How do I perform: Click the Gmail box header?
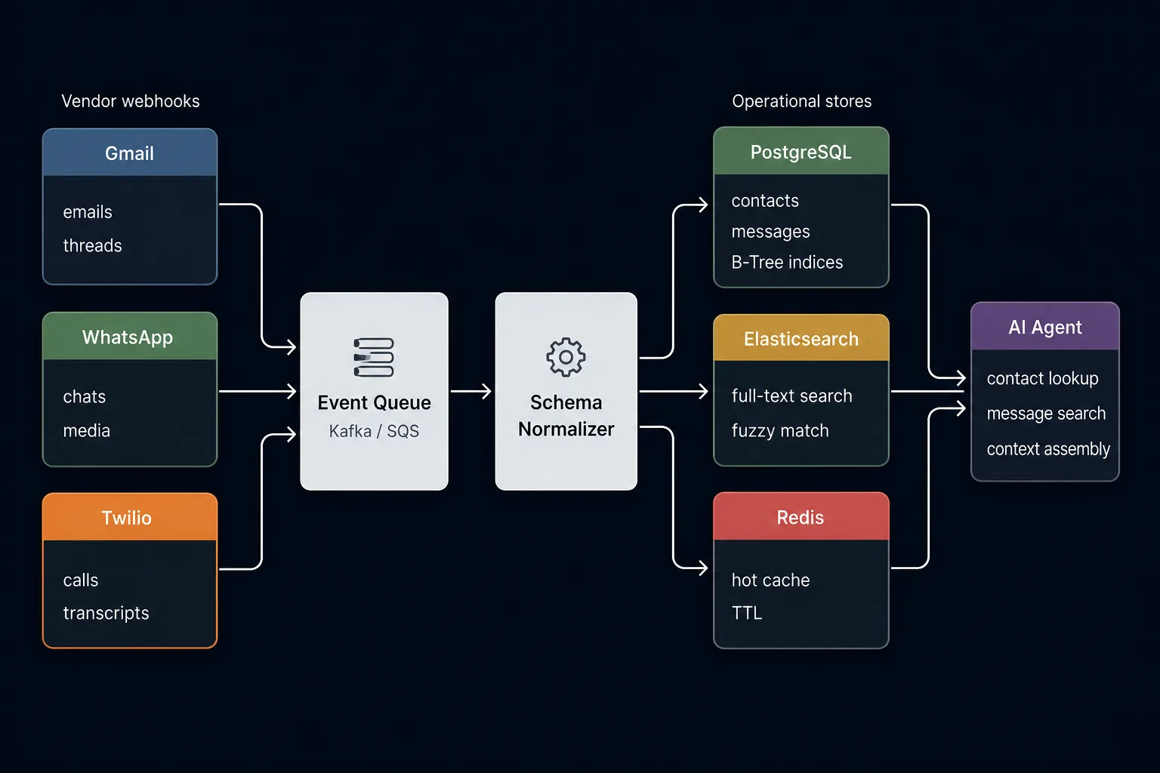[x=129, y=152]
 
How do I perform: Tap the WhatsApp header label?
[x=128, y=337]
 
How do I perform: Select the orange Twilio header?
[x=129, y=516]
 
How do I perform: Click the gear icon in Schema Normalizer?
[x=566, y=357]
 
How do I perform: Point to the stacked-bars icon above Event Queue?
[x=373, y=357]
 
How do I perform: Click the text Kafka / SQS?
[x=374, y=431]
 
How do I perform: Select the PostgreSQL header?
[x=801, y=151]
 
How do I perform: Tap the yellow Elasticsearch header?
[x=801, y=337]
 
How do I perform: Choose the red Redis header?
[x=801, y=516]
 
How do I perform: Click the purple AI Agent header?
[x=1045, y=326]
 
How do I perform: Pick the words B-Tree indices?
[x=787, y=262]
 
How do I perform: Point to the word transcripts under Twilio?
[x=106, y=613]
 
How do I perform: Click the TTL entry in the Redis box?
[x=747, y=613]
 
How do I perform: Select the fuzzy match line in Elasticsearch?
[x=780, y=431]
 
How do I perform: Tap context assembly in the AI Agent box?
[x=1048, y=449]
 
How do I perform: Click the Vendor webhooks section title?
[x=131, y=101]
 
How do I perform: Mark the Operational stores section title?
[x=801, y=101]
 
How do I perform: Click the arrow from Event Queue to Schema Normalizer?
[x=470, y=392]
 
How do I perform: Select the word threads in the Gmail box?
[x=92, y=245]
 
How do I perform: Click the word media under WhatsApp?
[x=87, y=431]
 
